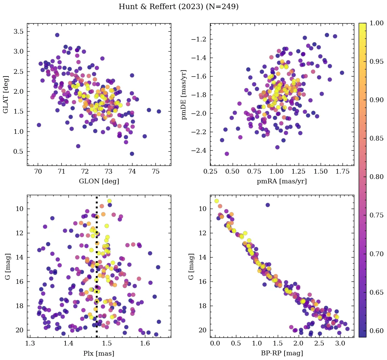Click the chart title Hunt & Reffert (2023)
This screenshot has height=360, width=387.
click(179, 7)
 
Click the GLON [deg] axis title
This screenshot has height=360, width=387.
click(99, 181)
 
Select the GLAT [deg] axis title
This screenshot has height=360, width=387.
click(6, 94)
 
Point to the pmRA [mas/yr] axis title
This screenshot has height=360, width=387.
click(282, 181)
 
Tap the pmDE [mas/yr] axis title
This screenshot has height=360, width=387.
click(184, 94)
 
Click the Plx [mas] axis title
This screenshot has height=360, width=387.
click(99, 353)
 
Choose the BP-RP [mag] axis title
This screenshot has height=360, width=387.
click(282, 353)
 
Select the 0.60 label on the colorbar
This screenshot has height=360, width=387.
click(377, 330)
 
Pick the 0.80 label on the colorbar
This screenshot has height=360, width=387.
click(377, 177)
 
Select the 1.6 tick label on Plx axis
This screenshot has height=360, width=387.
click(145, 344)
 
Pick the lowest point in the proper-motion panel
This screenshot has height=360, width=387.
click(227, 154)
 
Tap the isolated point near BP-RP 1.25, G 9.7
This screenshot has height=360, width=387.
click(268, 205)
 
